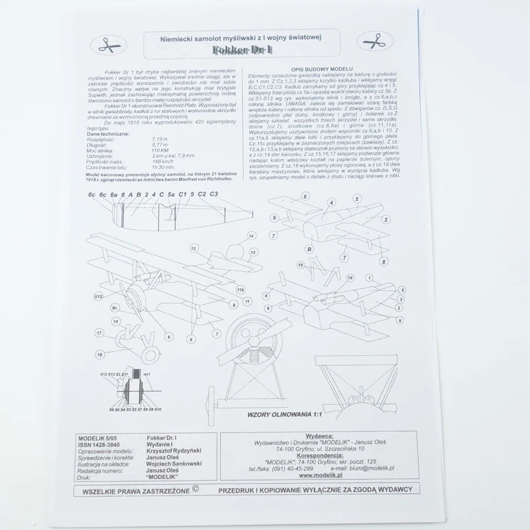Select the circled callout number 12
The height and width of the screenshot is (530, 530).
pyautogui.click(x=193, y=248)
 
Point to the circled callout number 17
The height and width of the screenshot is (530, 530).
pyautogui.click(x=99, y=333)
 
